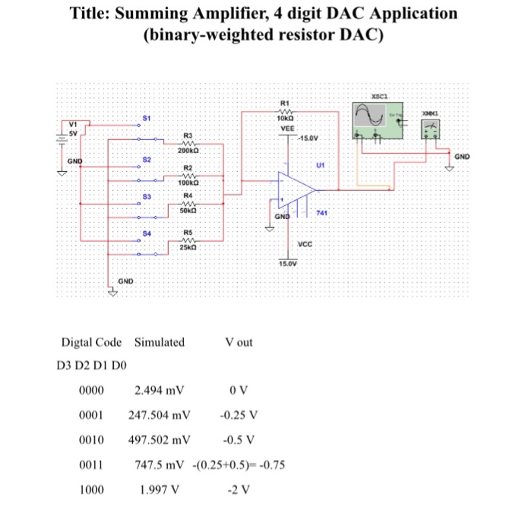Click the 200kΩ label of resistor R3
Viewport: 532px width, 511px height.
coord(188,151)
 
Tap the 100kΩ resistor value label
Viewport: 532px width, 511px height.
coord(188,183)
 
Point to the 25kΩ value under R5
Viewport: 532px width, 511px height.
coord(188,247)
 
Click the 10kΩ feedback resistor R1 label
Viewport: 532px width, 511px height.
coord(285,119)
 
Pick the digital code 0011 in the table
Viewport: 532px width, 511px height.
coord(90,463)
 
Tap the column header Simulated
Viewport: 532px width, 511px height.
coord(159,342)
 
